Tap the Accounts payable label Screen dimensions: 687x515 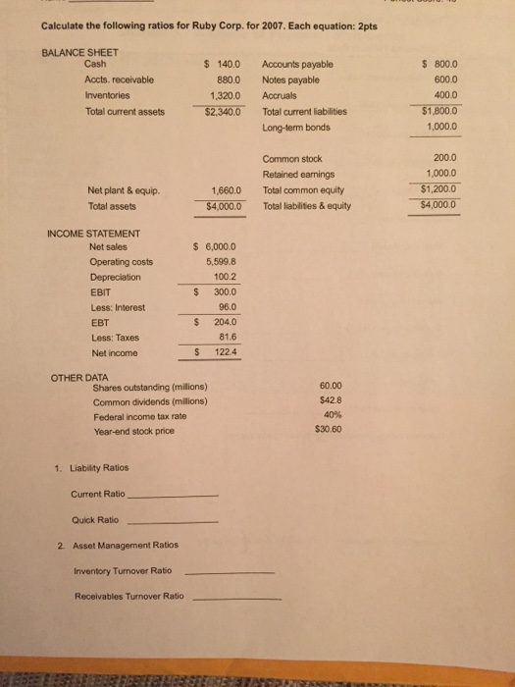point(297,65)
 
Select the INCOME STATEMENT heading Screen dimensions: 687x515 point(93,232)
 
